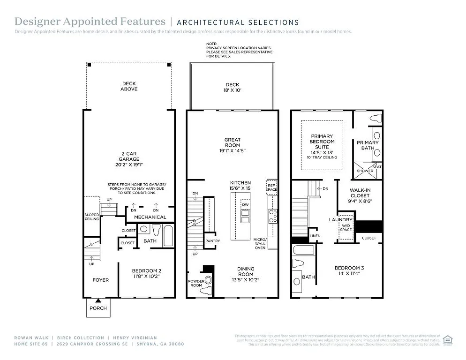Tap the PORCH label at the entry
pyautogui.click(x=98, y=308)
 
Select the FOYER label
pyautogui.click(x=100, y=280)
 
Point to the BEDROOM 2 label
pyautogui.click(x=146, y=274)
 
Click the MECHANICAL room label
pyautogui.click(x=150, y=217)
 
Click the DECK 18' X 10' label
pyautogui.click(x=232, y=88)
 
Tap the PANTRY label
pyautogui.click(x=212, y=241)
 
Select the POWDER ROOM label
pyautogui.click(x=196, y=283)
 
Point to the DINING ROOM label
pyautogui.click(x=245, y=274)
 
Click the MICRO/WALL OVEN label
pyautogui.click(x=260, y=243)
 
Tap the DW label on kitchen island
pyautogui.click(x=245, y=205)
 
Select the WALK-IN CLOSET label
pyautogui.click(x=360, y=195)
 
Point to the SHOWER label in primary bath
pyautogui.click(x=365, y=171)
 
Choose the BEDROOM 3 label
pyautogui.click(x=349, y=270)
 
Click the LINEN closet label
pyautogui.click(x=315, y=235)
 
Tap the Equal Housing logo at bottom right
pyautogui.click(x=448, y=339)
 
